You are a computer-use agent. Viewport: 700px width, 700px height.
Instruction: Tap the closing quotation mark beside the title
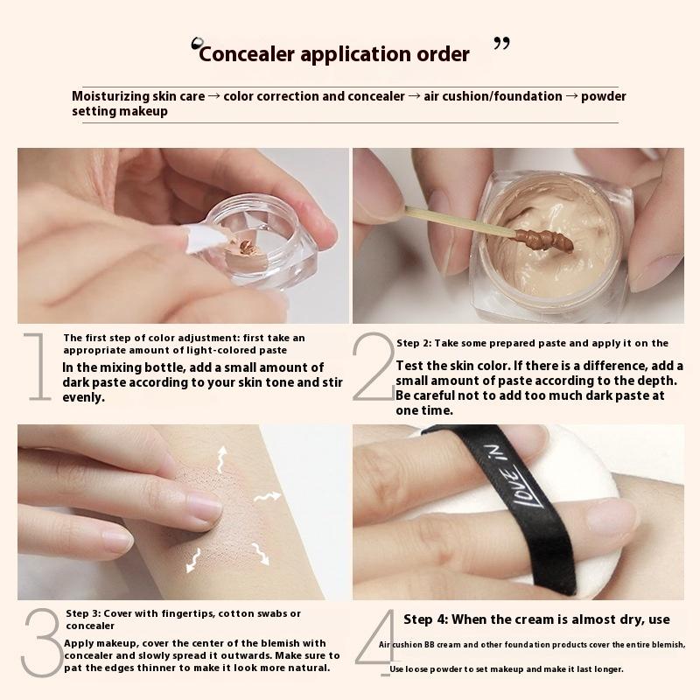501,44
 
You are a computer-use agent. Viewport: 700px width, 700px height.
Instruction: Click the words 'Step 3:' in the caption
84,613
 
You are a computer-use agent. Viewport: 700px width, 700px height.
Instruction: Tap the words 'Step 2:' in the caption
416,343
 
